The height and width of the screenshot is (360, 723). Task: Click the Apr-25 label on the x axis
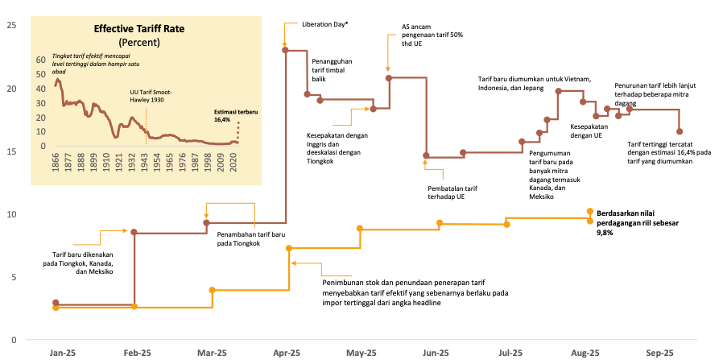pyautogui.click(x=286, y=353)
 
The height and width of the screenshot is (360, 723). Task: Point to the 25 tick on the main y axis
pyautogui.click(x=11, y=25)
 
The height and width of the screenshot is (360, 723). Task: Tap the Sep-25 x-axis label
pyautogui.click(x=659, y=353)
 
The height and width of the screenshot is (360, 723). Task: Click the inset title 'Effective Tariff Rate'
pyautogui.click(x=138, y=28)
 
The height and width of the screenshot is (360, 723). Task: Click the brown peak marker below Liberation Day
pyautogui.click(x=285, y=51)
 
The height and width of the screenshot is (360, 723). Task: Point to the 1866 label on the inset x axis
pyautogui.click(x=56, y=164)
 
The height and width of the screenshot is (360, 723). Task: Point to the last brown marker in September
pyautogui.click(x=680, y=131)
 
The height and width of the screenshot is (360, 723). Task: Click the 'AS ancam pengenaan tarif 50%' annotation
pyautogui.click(x=432, y=35)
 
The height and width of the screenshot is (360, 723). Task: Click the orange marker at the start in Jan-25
pyautogui.click(x=56, y=308)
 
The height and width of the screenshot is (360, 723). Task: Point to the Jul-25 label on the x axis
pyautogui.click(x=510, y=353)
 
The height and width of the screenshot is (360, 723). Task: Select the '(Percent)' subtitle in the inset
pyautogui.click(x=138, y=41)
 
